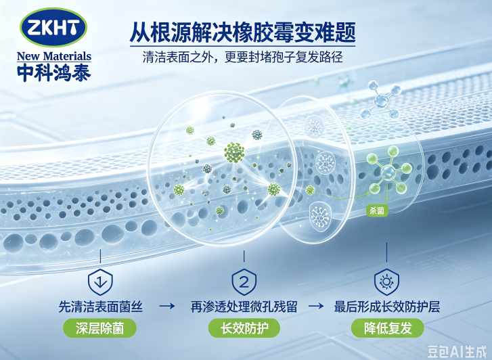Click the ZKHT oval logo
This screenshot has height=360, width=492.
tap(53, 27)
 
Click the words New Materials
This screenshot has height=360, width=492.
tap(54, 56)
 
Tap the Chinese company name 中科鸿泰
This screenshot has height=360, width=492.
tap(54, 73)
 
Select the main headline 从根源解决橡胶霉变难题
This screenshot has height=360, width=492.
tap(242, 32)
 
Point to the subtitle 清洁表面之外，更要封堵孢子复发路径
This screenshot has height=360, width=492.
tap(242, 57)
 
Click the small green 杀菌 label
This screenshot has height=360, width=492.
tap(377, 210)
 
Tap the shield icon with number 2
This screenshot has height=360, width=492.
tap(244, 282)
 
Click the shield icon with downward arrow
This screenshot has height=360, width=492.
tap(100, 282)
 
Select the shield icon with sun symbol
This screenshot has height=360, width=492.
tap(386, 282)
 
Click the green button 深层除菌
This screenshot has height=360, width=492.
tap(99, 328)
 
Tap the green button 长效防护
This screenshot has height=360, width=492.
tap(244, 328)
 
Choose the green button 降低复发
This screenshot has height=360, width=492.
tap(388, 328)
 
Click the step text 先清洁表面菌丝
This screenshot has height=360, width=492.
tap(100, 307)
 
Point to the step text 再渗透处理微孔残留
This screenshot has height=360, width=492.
tap(244, 307)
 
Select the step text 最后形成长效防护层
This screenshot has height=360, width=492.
tap(387, 307)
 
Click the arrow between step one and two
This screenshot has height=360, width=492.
tap(167, 306)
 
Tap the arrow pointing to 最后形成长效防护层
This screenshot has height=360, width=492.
tap(316, 306)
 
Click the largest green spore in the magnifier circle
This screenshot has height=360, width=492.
tap(234, 152)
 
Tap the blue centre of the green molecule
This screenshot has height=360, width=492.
tap(388, 172)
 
